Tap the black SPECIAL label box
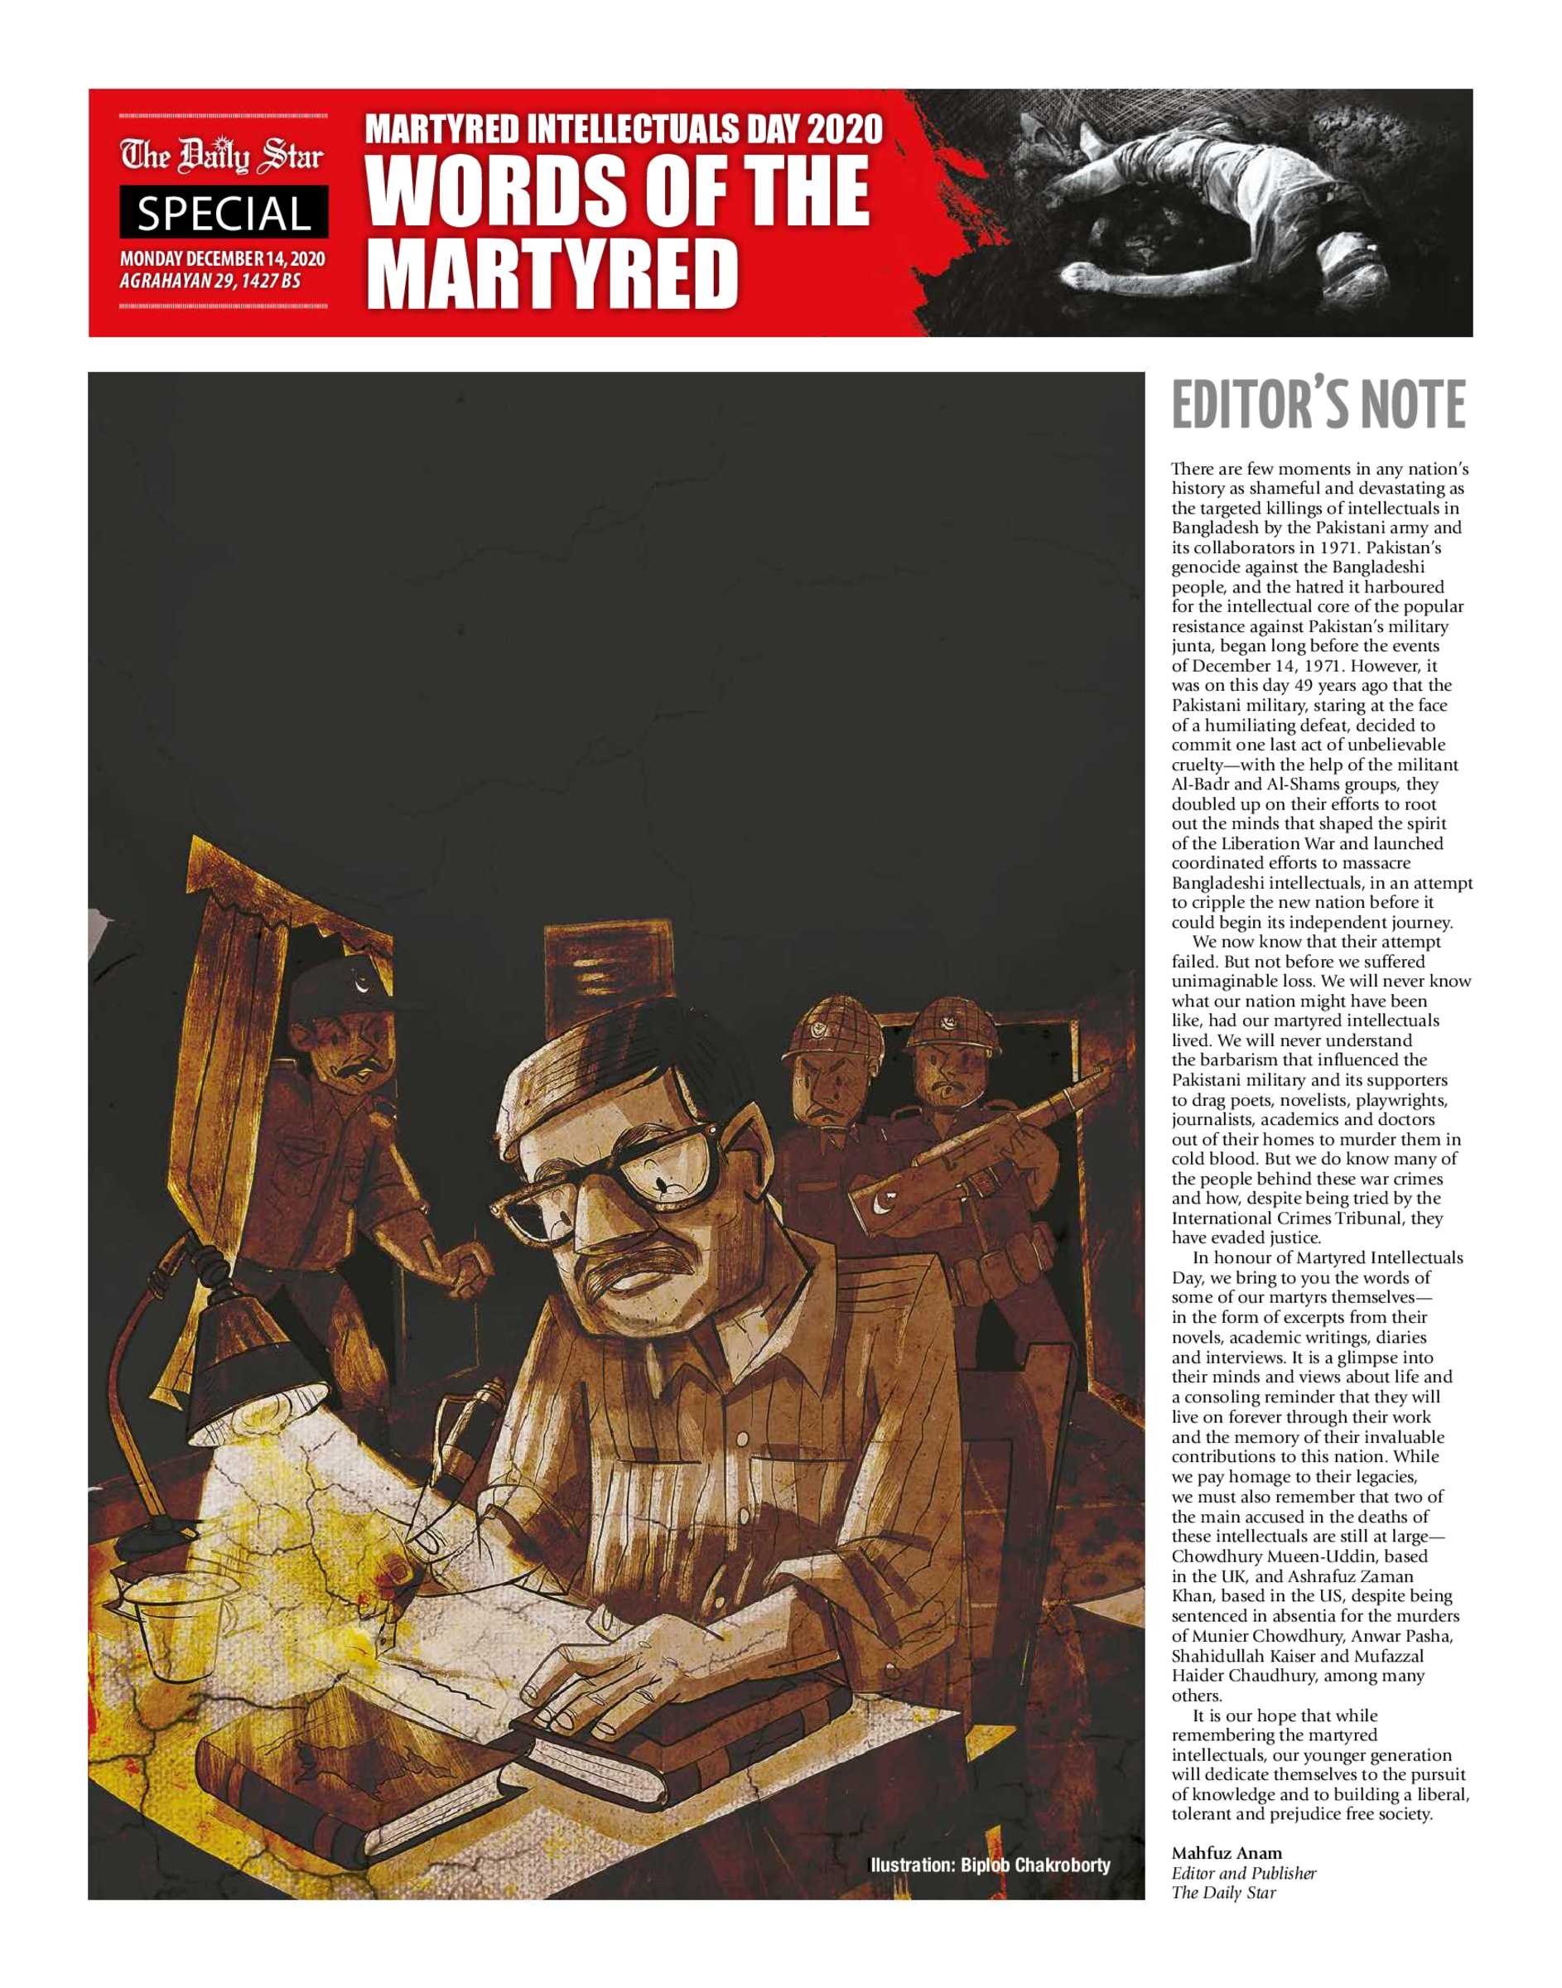pyautogui.click(x=223, y=213)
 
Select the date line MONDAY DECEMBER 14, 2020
pyautogui.click(x=222, y=260)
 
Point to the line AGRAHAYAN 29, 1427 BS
pyautogui.click(x=210, y=281)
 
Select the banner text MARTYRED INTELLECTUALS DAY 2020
pyautogui.click(x=624, y=130)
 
